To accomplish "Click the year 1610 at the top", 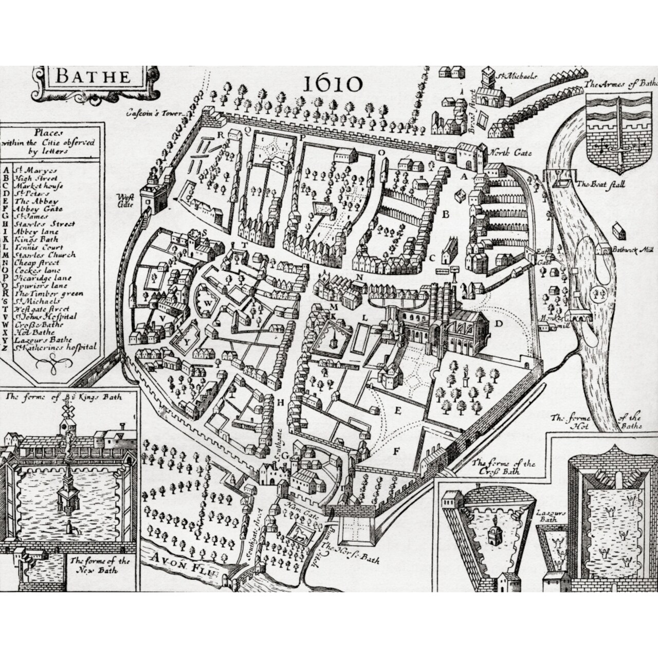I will coord(333,83).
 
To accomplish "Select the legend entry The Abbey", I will coord(36,202).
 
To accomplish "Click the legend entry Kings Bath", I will coord(36,239).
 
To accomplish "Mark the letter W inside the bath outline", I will coord(208,303).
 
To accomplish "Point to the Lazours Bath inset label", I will coord(551,516).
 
